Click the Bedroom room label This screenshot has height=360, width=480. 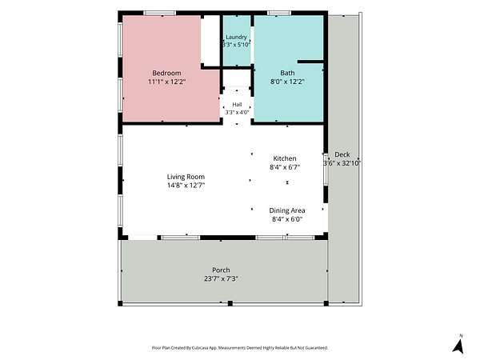[166, 73]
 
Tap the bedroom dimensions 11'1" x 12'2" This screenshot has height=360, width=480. [167, 82]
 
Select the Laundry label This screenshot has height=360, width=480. [236, 37]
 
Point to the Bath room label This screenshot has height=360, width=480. [287, 73]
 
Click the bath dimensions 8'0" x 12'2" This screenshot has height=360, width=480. [287, 82]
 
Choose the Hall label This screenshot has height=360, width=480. [237, 105]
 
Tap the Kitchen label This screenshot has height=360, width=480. [285, 158]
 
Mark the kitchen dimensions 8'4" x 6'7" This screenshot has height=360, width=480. [285, 167]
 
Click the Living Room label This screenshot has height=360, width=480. [186, 177]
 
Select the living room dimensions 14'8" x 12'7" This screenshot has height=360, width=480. [186, 186]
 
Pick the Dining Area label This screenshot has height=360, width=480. [287, 210]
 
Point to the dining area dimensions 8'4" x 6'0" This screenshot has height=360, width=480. [287, 219]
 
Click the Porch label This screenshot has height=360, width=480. [221, 270]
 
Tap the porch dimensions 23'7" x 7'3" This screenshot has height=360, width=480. [221, 278]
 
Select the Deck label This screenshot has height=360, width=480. [342, 154]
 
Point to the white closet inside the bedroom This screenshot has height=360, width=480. [210, 40]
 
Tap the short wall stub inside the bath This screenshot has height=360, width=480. [310, 62]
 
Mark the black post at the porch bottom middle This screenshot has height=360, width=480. [230, 303]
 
